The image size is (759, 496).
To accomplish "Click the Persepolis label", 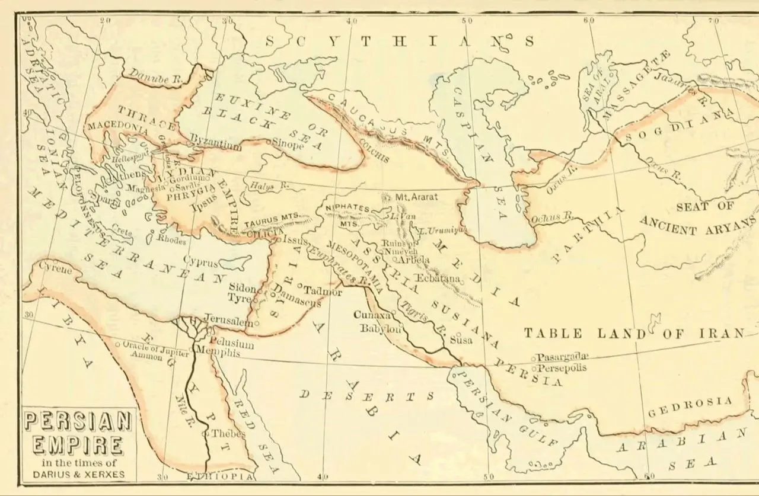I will coord(562,368).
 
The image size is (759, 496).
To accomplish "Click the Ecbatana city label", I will coord(439,278).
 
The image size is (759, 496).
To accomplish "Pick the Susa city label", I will coord(461,340).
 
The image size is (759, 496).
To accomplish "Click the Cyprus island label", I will coord(200,262).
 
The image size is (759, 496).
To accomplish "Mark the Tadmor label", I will coord(323,291).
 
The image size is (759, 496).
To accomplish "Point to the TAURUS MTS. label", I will coord(270,220).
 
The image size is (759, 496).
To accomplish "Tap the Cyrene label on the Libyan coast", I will coord(55,270).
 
